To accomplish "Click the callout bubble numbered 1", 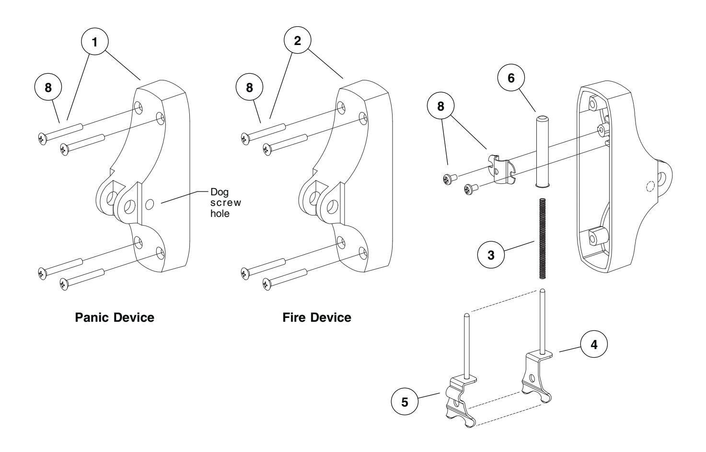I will click(94, 42).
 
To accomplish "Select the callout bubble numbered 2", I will click(297, 41).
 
